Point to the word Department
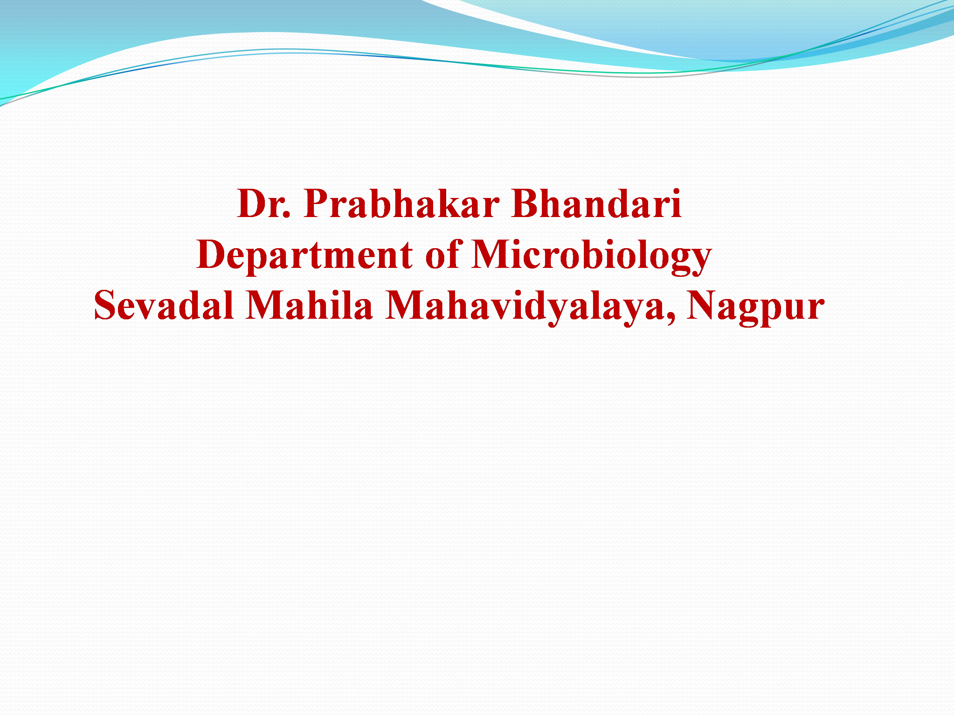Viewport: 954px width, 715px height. (305, 256)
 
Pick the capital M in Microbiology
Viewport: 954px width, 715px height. (492, 254)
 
